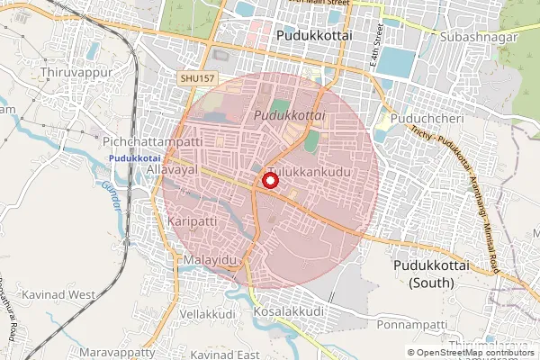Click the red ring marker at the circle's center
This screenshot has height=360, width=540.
click(x=269, y=181)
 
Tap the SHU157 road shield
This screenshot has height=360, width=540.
click(x=197, y=80)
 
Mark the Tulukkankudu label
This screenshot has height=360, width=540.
click(x=308, y=171)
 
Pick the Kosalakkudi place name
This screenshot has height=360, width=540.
click(x=289, y=311)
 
